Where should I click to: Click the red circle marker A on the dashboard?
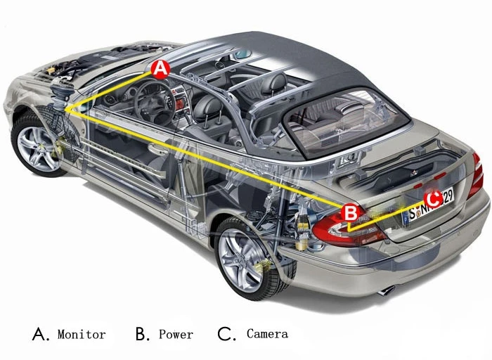click(160, 69)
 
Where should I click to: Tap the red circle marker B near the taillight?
click(351, 212)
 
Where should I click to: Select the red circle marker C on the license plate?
click(434, 199)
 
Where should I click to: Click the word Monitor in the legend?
click(82, 334)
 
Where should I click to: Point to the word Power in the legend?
click(176, 334)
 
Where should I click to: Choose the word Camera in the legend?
click(267, 333)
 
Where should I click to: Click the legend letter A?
click(40, 334)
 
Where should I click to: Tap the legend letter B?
click(143, 334)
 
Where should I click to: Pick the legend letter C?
click(226, 334)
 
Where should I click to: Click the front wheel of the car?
click(38, 146)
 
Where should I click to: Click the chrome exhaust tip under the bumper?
click(387, 290)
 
